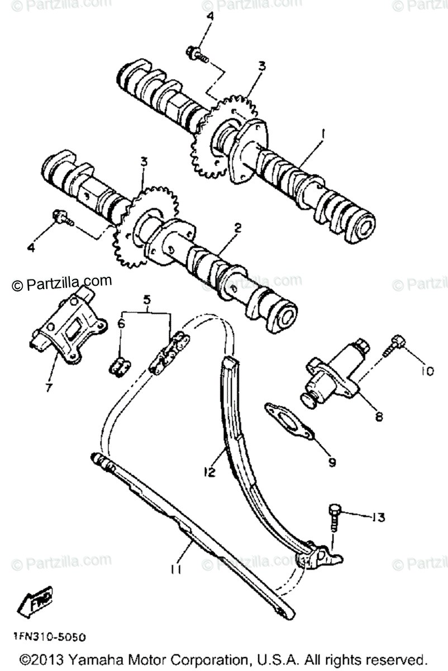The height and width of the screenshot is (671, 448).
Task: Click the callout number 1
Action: coord(322,135)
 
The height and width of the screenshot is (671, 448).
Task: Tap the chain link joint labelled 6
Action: coord(120,367)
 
